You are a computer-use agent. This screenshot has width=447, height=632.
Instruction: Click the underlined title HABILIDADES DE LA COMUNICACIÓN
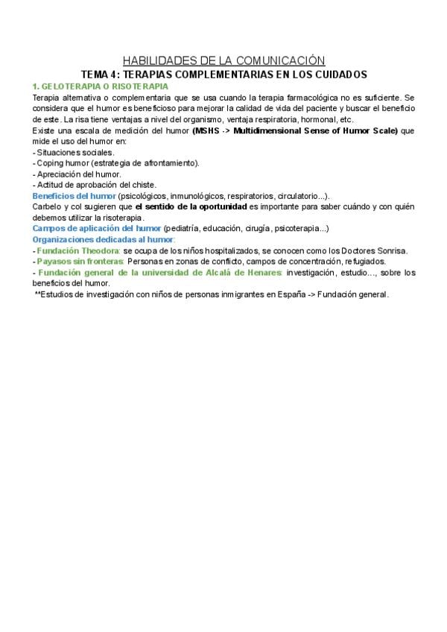coord(223,60)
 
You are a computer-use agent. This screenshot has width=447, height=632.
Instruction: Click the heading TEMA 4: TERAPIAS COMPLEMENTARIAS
coord(223,75)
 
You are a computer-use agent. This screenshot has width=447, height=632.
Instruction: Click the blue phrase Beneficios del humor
coord(74,195)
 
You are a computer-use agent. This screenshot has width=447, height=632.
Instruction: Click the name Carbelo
coord(48,206)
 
